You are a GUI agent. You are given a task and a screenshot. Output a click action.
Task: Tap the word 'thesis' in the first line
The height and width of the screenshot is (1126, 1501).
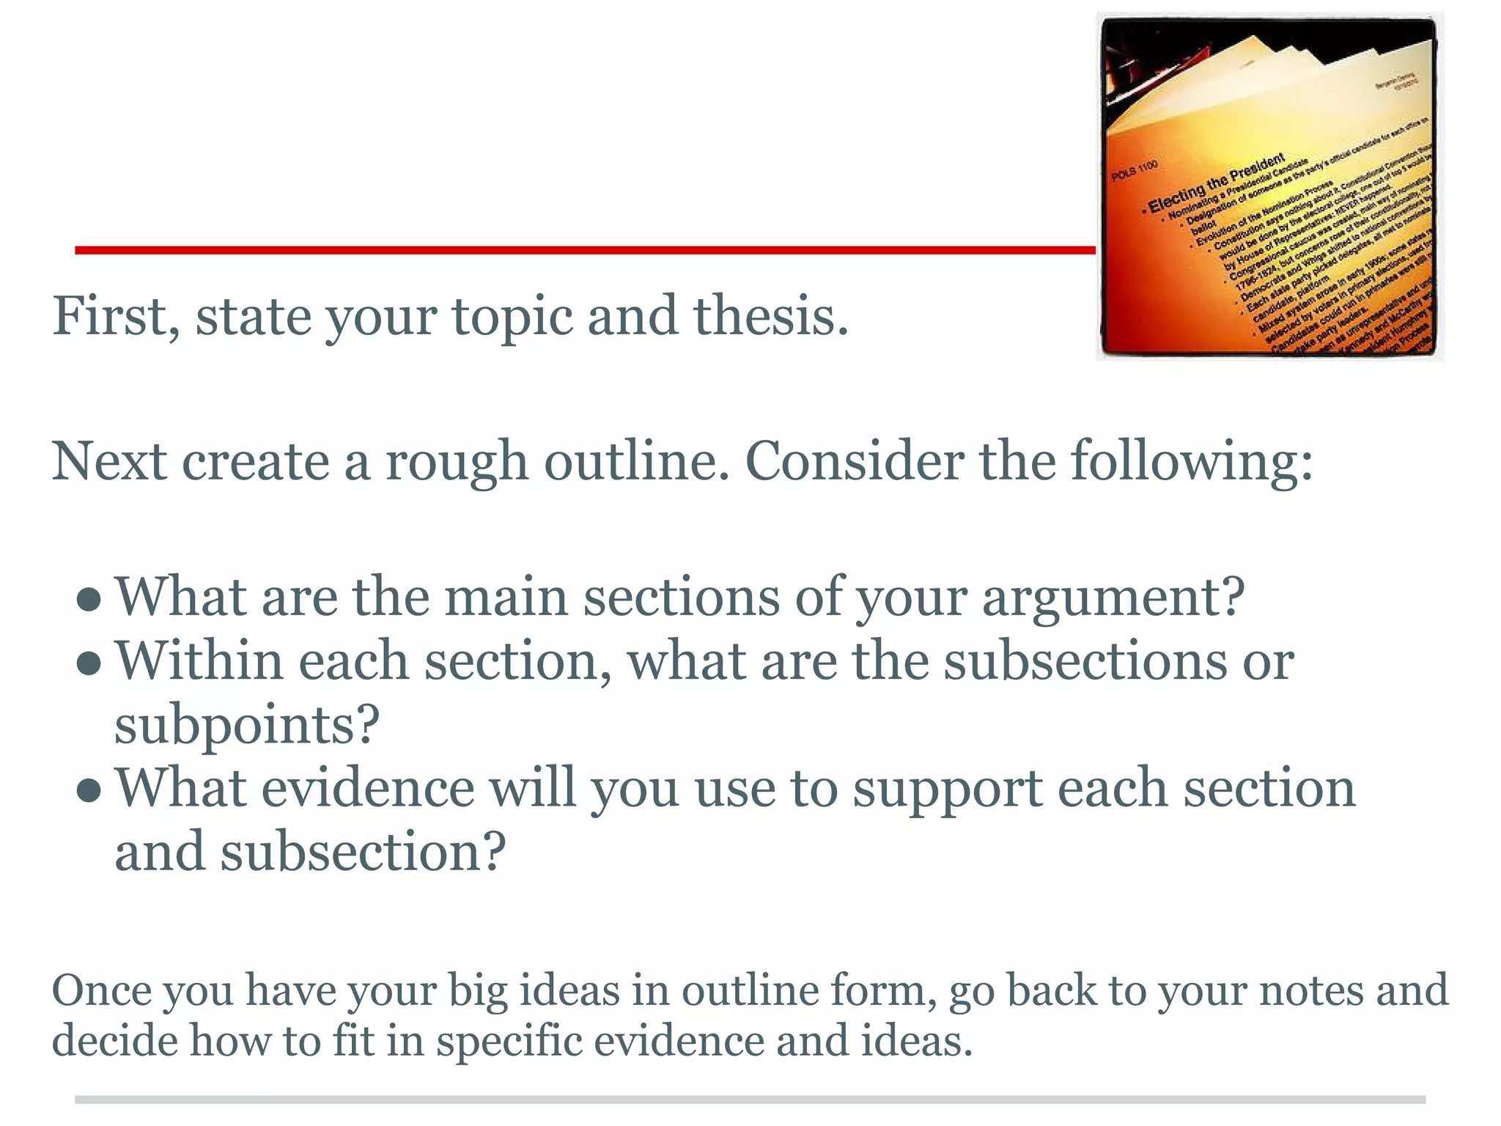[x=770, y=317]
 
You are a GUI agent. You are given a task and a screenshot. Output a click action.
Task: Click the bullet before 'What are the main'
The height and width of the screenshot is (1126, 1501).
[x=89, y=600]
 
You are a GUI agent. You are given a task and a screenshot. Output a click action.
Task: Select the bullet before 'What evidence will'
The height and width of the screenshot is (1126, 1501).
[x=89, y=790]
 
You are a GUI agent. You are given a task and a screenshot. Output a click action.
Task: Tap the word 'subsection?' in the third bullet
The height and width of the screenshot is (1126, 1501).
[x=364, y=853]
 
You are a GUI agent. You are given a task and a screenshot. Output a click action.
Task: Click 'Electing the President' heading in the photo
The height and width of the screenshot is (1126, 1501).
[x=1216, y=183]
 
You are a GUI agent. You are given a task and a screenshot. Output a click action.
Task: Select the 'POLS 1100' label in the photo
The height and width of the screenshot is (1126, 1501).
[x=1135, y=171]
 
